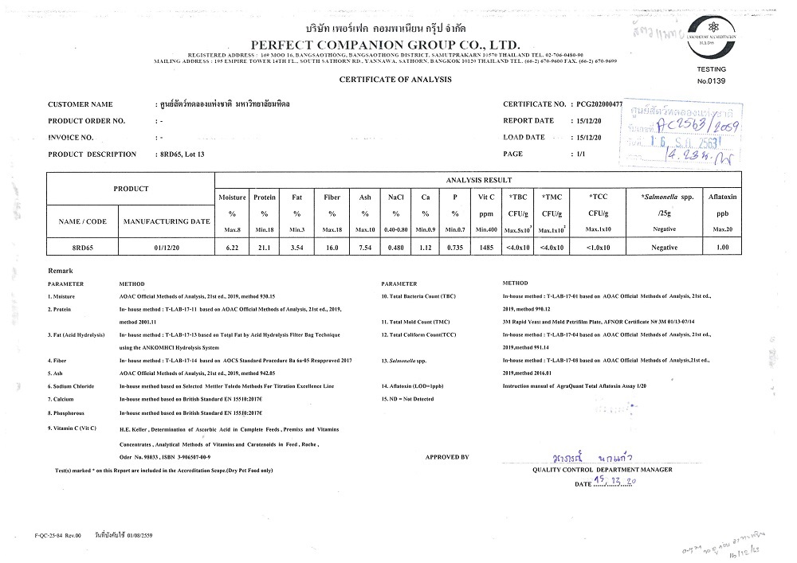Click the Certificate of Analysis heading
(x=395, y=80)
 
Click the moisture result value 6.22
(x=233, y=248)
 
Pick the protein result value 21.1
(x=264, y=248)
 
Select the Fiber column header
(x=332, y=196)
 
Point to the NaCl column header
(x=395, y=196)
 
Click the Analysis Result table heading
(x=478, y=180)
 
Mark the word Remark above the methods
(x=61, y=272)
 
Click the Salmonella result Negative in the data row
(x=663, y=248)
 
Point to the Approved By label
(x=446, y=457)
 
